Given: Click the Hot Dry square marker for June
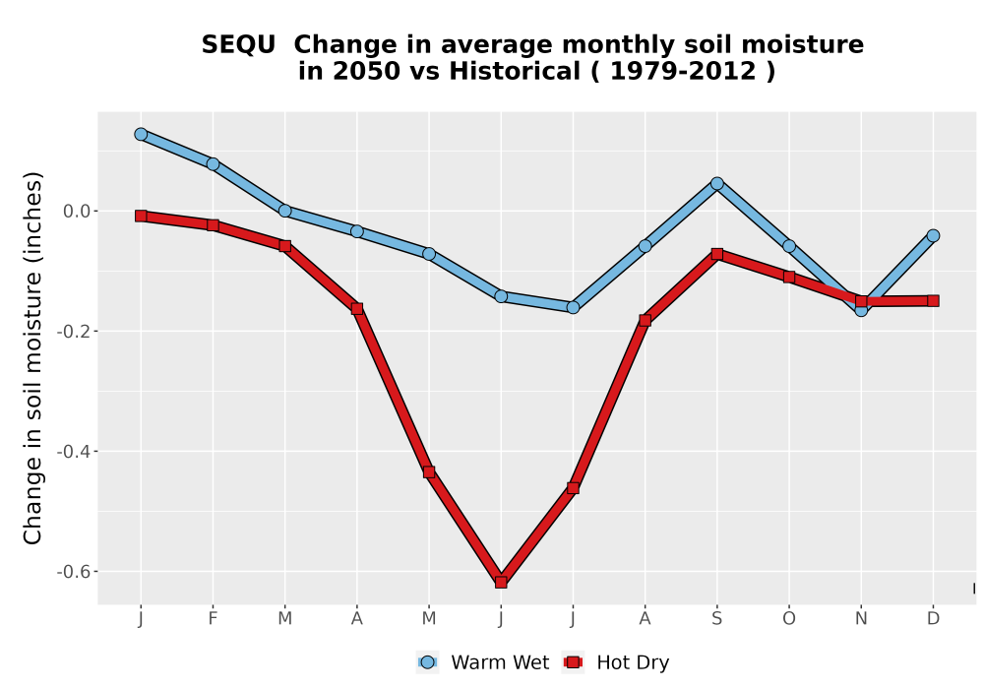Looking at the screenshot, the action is [501, 583].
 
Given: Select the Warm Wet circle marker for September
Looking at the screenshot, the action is [716, 183].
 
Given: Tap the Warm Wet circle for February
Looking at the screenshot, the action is [213, 163].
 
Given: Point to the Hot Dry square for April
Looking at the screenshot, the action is [357, 309].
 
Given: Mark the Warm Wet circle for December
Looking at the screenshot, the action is [933, 235].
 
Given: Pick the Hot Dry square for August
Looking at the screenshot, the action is [646, 321].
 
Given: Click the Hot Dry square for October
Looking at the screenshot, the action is [789, 277].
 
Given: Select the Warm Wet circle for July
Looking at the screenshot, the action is [573, 307].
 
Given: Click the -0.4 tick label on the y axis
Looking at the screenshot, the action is [74, 451].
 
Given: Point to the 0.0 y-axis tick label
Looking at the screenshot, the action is [77, 211].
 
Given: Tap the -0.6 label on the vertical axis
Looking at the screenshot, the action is [74, 572].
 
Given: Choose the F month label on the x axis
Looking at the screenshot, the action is [213, 619].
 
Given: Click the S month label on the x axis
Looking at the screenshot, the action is [716, 619].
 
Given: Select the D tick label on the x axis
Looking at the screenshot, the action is [933, 619].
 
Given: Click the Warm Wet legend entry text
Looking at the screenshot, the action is [500, 662].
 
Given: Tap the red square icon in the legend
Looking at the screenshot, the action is [573, 662].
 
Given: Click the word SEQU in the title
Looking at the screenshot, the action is [238, 44].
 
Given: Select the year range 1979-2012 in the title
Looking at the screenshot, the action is [683, 71].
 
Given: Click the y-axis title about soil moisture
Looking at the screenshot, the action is [32, 357].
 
